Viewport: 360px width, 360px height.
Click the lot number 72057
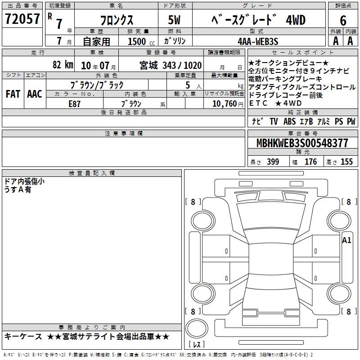(x=22, y=19)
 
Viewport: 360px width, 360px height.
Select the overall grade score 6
(x=343, y=21)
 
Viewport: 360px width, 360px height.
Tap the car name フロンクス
(x=117, y=20)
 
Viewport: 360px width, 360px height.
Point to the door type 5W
(x=174, y=20)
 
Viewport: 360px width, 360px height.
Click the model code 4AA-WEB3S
(x=258, y=41)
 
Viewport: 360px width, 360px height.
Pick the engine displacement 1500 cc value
(x=141, y=41)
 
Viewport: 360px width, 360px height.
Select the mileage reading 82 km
(x=63, y=64)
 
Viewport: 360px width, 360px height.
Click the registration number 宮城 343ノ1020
(x=171, y=65)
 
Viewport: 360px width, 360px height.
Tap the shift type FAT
(x=13, y=94)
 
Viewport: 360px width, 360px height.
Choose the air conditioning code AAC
(x=35, y=94)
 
